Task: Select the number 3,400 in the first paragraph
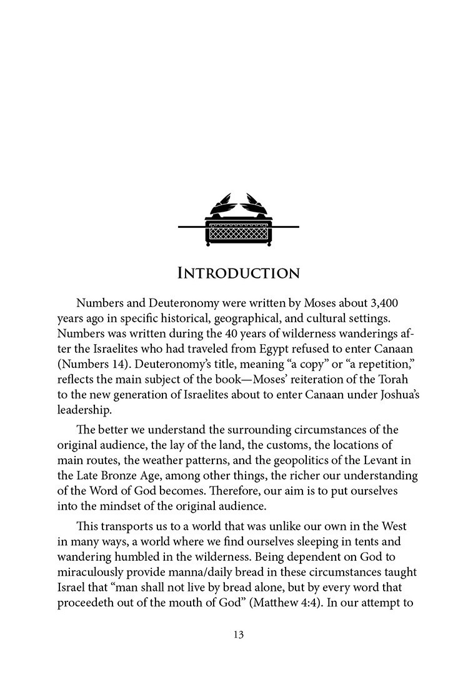pyautogui.click(x=383, y=303)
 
